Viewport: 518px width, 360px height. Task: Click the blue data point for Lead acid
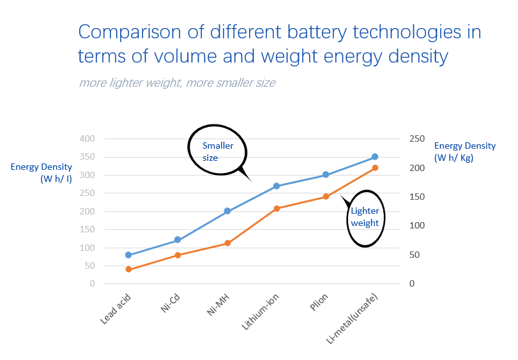pos(128,255)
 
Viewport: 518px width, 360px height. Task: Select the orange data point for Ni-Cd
pos(178,255)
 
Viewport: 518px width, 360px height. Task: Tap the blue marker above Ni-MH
pos(227,211)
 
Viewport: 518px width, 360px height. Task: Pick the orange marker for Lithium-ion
pos(277,209)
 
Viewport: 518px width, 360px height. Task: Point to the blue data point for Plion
pos(326,175)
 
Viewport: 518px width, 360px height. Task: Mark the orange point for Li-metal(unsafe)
pos(375,168)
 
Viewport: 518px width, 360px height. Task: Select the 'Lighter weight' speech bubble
pos(365,218)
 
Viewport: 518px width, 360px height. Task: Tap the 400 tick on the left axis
pos(86,139)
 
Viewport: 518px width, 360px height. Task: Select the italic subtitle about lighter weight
pos(177,83)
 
